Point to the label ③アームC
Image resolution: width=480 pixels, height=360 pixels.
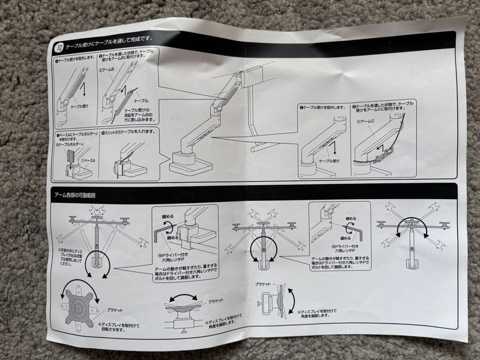point(367,121)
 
